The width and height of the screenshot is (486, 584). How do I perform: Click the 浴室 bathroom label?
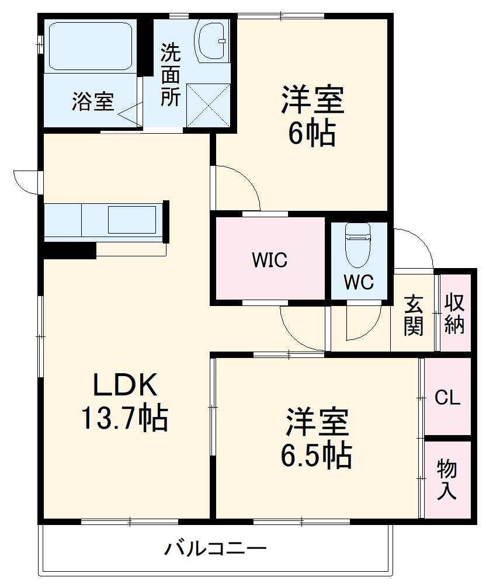coord(92,102)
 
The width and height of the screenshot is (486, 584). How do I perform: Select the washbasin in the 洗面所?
coord(211,40)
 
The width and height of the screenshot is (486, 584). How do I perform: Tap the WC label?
coord(358,282)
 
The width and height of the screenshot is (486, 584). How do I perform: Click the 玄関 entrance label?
coord(413,316)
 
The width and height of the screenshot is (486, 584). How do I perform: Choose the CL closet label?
coord(447,398)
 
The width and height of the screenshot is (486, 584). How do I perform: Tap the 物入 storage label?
coord(447,479)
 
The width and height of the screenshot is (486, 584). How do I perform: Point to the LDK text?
coord(125,385)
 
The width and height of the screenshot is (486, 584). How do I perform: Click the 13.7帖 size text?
coord(124,418)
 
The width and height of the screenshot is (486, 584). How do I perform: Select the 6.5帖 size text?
coord(316,456)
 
